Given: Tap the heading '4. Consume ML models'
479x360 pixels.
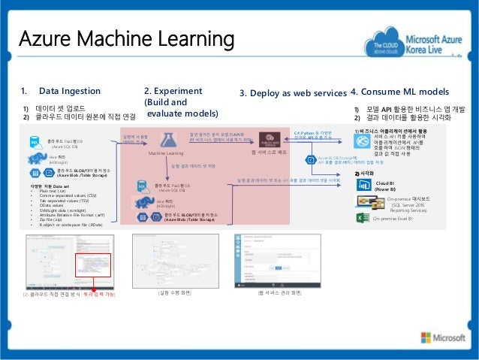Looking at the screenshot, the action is coord(400,92).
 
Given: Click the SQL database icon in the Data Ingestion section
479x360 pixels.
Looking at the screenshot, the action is coord(35,141).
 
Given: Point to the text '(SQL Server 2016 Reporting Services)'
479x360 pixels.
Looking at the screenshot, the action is coord(408,207).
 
